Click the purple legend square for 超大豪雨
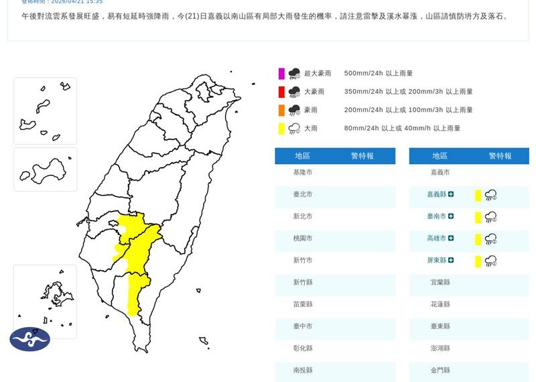click(x=282, y=73)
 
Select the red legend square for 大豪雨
click(x=282, y=91)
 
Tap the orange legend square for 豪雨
click(x=282, y=110)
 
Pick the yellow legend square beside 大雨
click(x=282, y=128)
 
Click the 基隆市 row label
click(x=303, y=172)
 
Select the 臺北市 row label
click(x=303, y=194)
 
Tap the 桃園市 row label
click(x=303, y=238)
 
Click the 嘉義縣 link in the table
click(x=436, y=194)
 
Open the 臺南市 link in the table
click(x=436, y=216)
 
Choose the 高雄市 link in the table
click(x=436, y=238)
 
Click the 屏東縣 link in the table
click(x=436, y=260)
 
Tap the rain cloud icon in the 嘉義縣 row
click(x=490, y=195)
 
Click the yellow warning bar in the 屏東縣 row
click(x=478, y=261)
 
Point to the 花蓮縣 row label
click(x=440, y=304)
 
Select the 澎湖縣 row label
click(x=440, y=348)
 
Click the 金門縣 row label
click(x=440, y=370)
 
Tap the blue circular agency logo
click(x=29, y=339)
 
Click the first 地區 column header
click(x=303, y=156)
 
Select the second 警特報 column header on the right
click(x=500, y=156)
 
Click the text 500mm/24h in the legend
click(x=363, y=73)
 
